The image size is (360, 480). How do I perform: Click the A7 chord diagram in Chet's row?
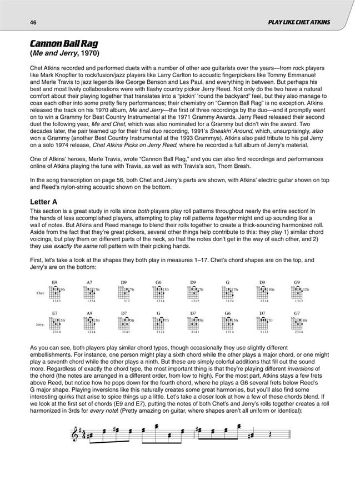(89, 291)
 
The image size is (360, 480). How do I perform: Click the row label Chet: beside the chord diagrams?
(39, 291)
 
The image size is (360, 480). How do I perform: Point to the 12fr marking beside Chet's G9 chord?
(306, 289)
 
